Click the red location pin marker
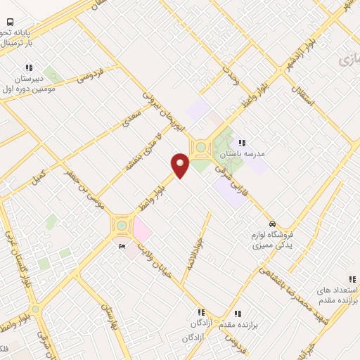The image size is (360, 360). coord(181,165)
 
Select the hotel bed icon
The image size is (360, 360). coord(122,246)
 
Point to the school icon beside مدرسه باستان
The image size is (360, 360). coord(242,143)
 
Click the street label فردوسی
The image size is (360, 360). coord(90,73)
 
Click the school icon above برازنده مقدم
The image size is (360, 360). coord(237,313)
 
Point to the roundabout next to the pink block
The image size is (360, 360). coord(122,224)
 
